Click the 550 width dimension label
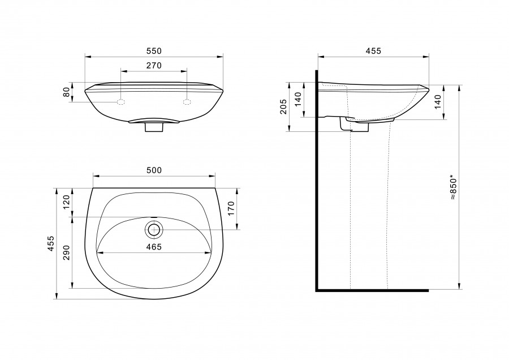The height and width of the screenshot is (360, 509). (153, 51)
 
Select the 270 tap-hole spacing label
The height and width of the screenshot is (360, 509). (153, 66)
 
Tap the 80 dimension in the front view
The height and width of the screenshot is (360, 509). (67, 92)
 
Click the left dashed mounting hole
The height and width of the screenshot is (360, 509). (121, 102)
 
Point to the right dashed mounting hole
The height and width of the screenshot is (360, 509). (187, 102)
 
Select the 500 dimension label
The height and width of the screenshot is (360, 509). (154, 170)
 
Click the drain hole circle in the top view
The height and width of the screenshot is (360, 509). (154, 230)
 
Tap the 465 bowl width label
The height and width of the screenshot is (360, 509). (154, 247)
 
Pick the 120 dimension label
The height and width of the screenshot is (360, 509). (67, 202)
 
